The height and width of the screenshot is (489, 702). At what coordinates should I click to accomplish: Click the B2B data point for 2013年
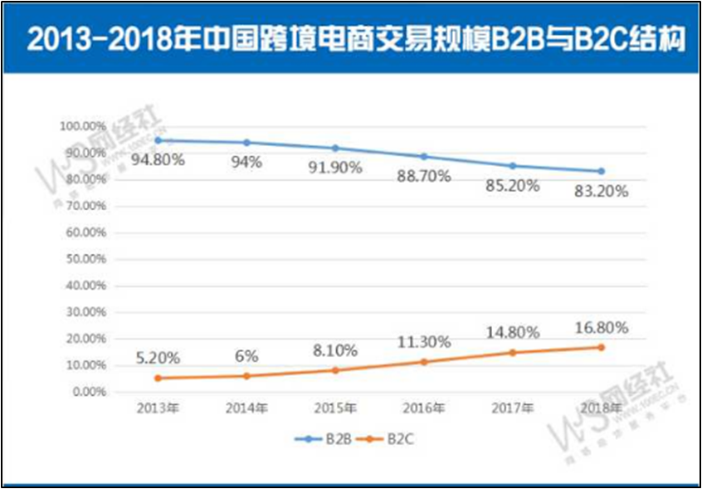157,140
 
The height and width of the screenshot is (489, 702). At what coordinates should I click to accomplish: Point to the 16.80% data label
600,327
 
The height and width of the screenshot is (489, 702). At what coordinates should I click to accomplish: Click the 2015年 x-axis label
335,408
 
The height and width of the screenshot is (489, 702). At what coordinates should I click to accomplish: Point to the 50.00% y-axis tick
82,259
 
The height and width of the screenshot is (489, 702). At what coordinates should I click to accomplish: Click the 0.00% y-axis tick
85,392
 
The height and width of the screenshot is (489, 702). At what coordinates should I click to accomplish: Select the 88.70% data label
423,176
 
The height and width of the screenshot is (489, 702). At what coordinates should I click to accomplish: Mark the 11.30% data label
423,341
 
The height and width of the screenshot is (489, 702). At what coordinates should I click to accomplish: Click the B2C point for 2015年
335,370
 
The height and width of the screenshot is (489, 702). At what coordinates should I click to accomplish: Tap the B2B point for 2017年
513,166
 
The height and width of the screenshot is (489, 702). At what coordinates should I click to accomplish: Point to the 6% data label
246,355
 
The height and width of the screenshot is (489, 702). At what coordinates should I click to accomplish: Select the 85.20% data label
512,186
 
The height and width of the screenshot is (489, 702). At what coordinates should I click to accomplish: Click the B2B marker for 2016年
424,156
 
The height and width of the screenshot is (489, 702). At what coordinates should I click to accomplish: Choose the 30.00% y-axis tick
82,312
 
